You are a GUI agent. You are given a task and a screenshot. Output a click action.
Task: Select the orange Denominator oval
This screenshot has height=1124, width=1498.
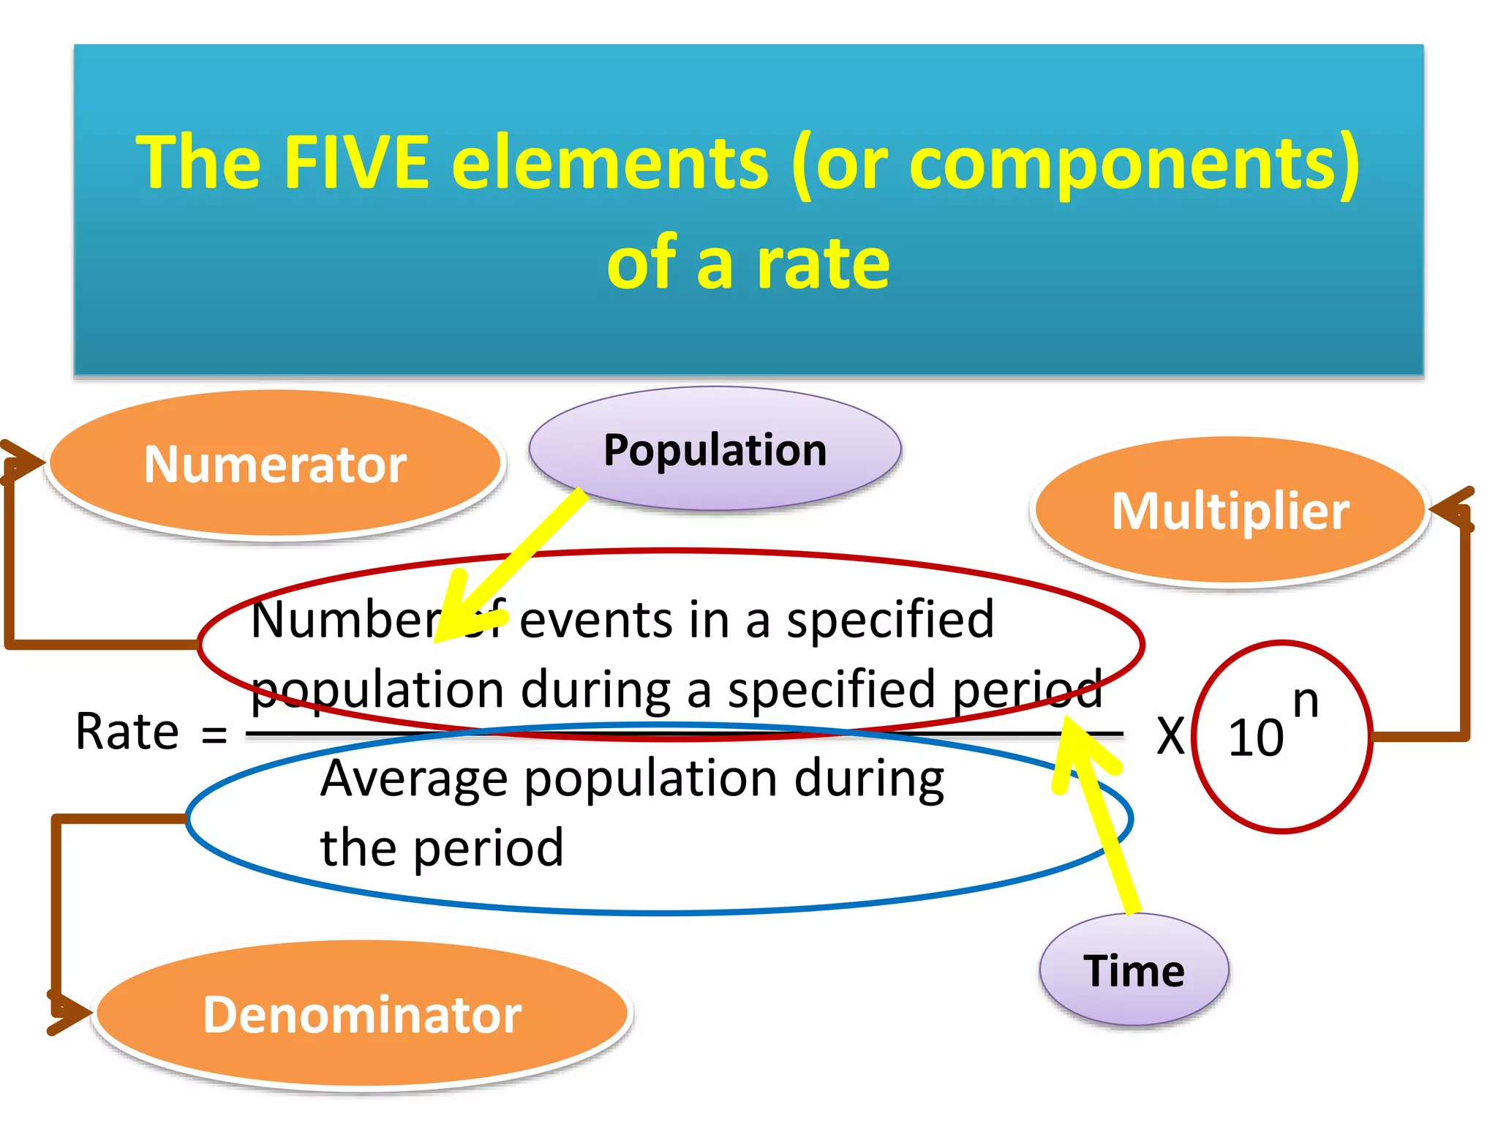coord(362,1014)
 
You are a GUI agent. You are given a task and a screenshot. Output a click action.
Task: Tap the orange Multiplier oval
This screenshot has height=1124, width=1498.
coord(1230,511)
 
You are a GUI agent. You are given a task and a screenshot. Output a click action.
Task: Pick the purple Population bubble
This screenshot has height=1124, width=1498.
coord(715,449)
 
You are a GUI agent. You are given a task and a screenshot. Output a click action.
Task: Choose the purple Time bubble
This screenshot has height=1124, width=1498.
coord(1134,971)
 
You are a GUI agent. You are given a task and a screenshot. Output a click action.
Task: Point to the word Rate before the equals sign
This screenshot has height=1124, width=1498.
coord(127,731)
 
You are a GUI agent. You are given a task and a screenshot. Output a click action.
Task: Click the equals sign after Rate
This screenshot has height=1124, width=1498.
coord(214,734)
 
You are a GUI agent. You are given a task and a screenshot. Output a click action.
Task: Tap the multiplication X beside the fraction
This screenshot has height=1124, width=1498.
coord(1170,735)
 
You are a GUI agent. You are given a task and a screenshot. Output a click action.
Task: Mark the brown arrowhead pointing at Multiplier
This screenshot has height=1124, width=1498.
coord(1451,508)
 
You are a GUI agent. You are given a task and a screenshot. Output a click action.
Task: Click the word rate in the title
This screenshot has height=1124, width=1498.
coord(822,263)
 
